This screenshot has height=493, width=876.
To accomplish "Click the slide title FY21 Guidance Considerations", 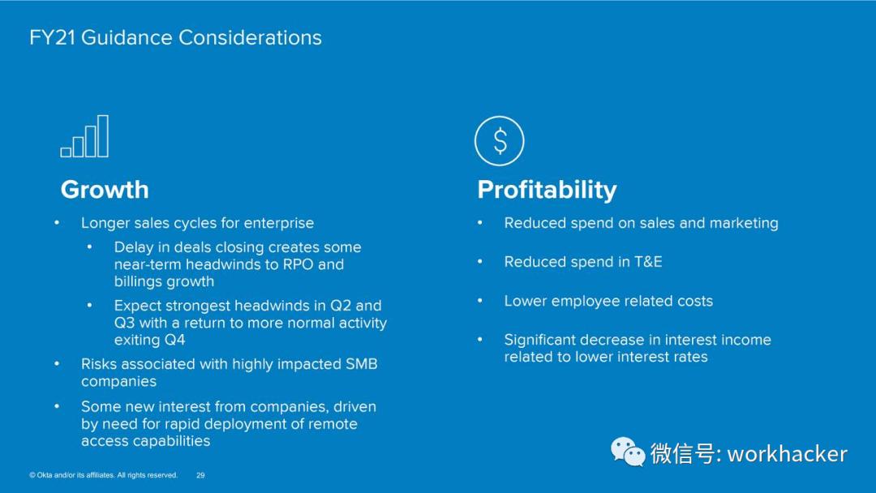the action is click(x=175, y=37).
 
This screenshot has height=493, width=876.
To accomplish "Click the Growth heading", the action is click(x=105, y=190).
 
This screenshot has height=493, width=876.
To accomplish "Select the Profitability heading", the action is click(x=547, y=191).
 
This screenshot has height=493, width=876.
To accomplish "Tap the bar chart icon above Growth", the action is click(x=84, y=136).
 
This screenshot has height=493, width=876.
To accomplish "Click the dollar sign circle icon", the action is click(x=500, y=141).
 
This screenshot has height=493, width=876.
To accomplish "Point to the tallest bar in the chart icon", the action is click(x=103, y=136).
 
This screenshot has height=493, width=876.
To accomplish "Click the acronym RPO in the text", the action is click(x=298, y=264).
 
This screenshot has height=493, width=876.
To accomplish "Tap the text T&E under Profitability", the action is click(x=648, y=262).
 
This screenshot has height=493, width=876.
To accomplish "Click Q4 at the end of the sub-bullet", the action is click(x=175, y=340).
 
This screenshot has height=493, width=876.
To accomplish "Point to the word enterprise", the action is click(x=279, y=223).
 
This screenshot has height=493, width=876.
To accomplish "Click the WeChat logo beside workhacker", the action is click(x=628, y=452).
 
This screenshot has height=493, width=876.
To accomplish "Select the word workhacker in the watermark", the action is click(x=787, y=453).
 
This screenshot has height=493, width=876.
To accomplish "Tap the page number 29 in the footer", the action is click(x=200, y=475).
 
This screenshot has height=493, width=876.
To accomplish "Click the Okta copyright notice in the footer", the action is click(x=103, y=475).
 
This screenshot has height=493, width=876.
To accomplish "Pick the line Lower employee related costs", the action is click(x=608, y=302).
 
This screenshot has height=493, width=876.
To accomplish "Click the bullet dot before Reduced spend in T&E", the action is click(x=480, y=261).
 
